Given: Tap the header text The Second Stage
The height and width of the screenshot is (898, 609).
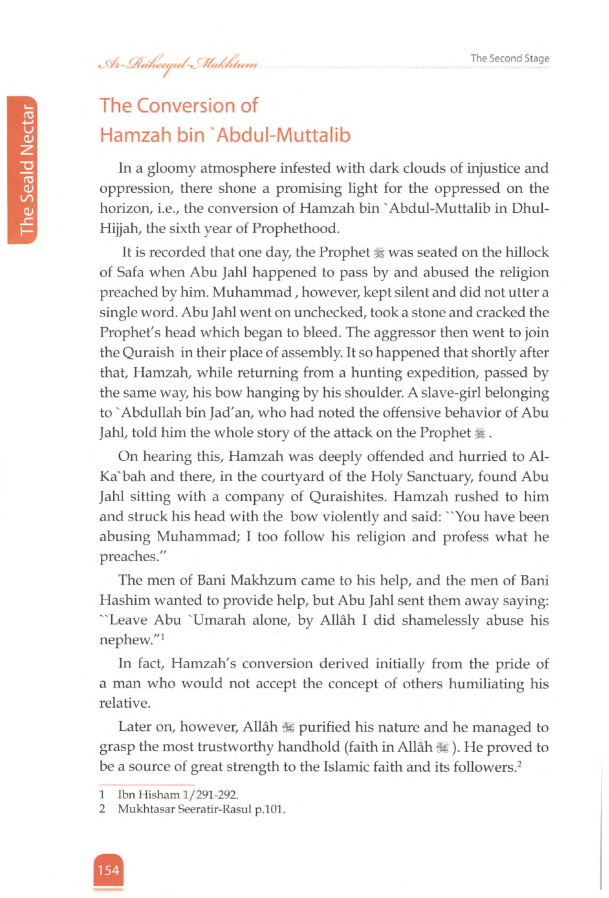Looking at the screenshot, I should [x=509, y=58].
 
